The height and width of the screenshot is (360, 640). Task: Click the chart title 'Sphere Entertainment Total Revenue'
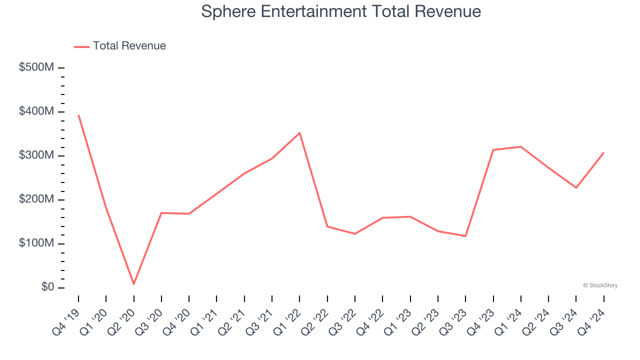click(341, 11)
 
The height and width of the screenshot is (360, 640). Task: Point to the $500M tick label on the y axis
click(36, 67)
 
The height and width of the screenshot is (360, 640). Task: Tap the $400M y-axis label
click(36, 111)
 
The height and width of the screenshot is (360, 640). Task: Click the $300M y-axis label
click(36, 155)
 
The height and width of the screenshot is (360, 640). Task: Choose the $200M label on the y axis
click(36, 199)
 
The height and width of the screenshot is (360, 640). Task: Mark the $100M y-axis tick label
click(36, 243)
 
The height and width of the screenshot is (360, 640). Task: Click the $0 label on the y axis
click(44, 287)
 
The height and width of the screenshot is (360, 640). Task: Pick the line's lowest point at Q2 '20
click(134, 284)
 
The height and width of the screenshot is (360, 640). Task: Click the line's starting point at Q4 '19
click(78, 115)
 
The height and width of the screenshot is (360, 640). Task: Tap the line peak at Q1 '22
click(299, 132)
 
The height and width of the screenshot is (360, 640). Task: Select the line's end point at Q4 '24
click(603, 152)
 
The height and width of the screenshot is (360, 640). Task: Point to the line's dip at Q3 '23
click(465, 236)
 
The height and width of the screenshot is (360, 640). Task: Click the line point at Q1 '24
click(521, 146)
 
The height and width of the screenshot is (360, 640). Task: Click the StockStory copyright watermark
click(600, 285)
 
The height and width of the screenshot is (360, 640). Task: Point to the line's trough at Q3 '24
click(576, 187)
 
